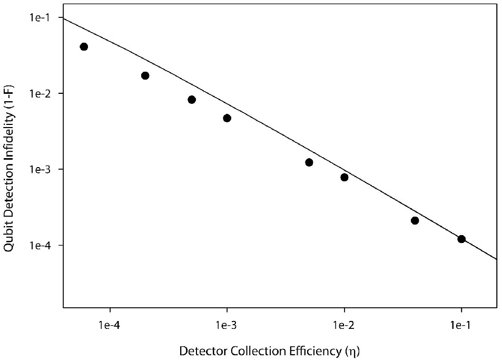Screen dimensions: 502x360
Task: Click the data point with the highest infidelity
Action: (84, 47)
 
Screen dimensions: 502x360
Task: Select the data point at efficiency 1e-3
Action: (227, 118)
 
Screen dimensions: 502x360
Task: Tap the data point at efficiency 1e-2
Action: (344, 177)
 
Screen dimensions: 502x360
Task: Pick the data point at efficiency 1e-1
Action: (461, 239)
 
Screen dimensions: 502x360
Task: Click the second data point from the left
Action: (145, 75)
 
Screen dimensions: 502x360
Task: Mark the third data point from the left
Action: (192, 100)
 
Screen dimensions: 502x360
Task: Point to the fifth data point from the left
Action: (309, 162)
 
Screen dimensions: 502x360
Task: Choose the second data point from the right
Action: (415, 220)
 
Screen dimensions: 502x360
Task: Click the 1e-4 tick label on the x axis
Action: (110, 325)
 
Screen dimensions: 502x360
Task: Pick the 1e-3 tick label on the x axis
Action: (227, 325)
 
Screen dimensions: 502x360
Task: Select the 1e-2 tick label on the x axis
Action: (344, 325)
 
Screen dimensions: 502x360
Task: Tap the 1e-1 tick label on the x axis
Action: (461, 325)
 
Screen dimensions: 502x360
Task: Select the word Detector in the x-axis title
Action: (203, 351)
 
